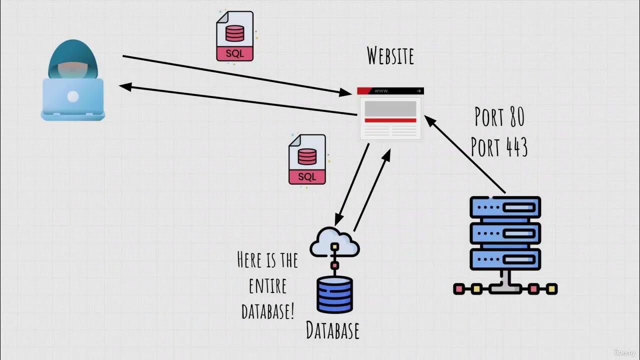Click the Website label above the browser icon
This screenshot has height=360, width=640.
point(390,55)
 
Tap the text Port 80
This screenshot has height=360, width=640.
point(499,116)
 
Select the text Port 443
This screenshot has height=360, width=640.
point(499,147)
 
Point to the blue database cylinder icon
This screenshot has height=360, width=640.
point(334,295)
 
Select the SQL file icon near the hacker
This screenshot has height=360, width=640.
point(234,36)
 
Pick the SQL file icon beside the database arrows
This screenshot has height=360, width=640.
point(307,159)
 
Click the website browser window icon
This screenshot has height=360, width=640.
point(390,113)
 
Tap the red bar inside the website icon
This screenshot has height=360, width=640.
point(390,120)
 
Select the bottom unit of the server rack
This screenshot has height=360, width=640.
point(505,259)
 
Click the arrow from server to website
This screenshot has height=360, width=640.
point(465,155)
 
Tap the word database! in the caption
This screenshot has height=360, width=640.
point(267,311)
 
